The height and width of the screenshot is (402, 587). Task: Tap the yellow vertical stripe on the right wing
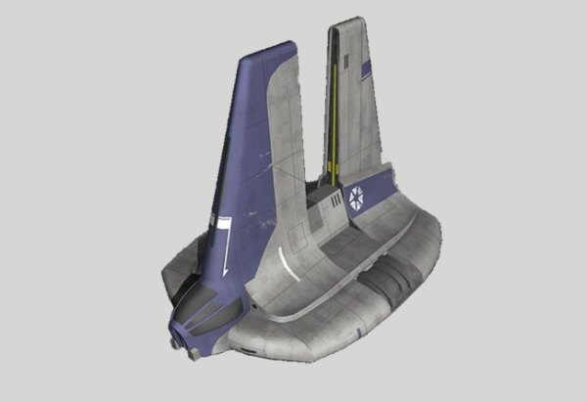pyautogui.click(x=333, y=108)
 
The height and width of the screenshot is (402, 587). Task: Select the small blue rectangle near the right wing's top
pyautogui.click(x=366, y=68)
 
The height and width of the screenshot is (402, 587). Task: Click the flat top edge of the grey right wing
pyautogui.click(x=350, y=22)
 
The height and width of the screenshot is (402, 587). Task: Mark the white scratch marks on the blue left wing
pyautogui.click(x=256, y=147)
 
